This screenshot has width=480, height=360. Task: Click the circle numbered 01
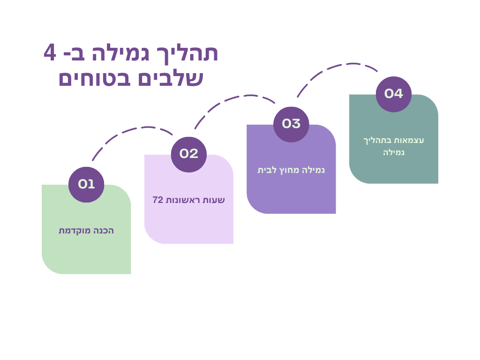click(86, 184)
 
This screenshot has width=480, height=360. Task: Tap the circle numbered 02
click(188, 154)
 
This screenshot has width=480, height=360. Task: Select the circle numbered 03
click(291, 124)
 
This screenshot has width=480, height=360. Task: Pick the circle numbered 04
click(393, 94)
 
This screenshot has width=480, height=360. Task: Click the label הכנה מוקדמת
click(86, 231)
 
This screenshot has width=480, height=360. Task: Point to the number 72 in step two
click(157, 200)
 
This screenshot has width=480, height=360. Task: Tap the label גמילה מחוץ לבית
click(291, 170)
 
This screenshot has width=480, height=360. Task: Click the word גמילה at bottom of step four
click(393, 153)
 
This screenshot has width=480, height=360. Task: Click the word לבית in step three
click(266, 170)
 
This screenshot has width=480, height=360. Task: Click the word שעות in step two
click(215, 200)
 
